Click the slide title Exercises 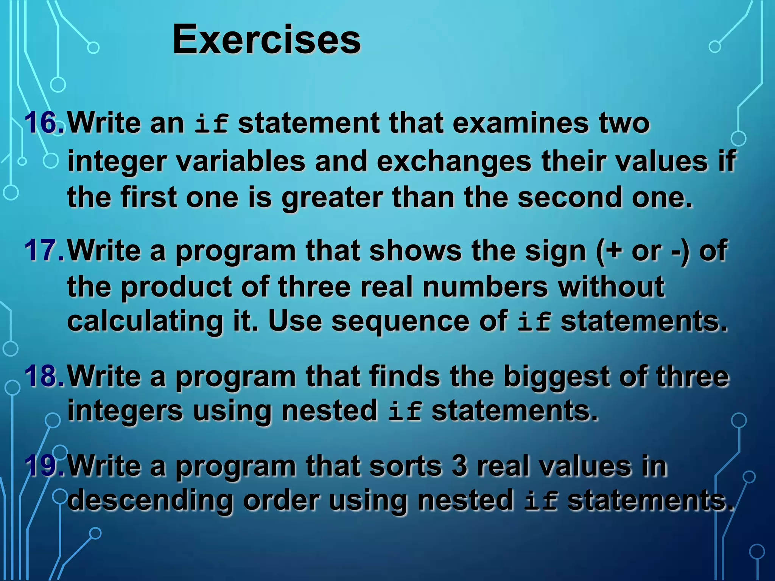266,40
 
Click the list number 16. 44,123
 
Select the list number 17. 44,250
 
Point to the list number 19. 44,466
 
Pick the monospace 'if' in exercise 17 534,322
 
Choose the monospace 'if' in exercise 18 405,412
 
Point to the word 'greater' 332,198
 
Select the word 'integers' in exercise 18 125,412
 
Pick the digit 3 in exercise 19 459,466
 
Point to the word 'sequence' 401,322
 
